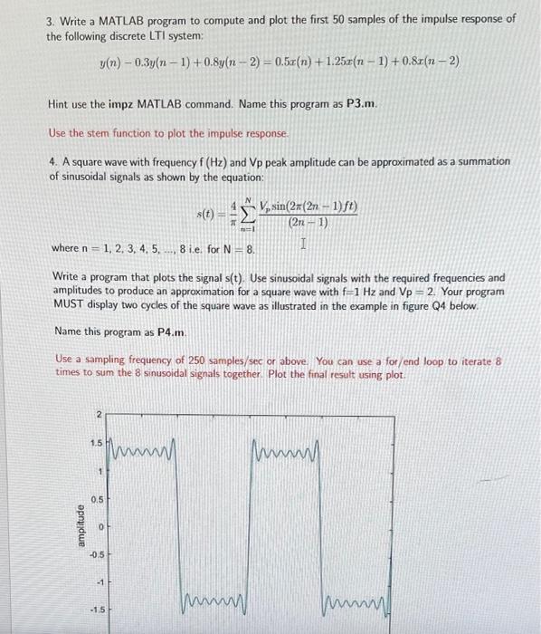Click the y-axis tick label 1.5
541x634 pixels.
[95, 443]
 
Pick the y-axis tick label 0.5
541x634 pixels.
[95, 497]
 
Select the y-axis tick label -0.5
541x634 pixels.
[94, 552]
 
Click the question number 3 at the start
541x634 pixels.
[52, 17]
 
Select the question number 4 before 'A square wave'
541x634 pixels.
[52, 161]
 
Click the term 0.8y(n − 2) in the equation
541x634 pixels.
[207, 61]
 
